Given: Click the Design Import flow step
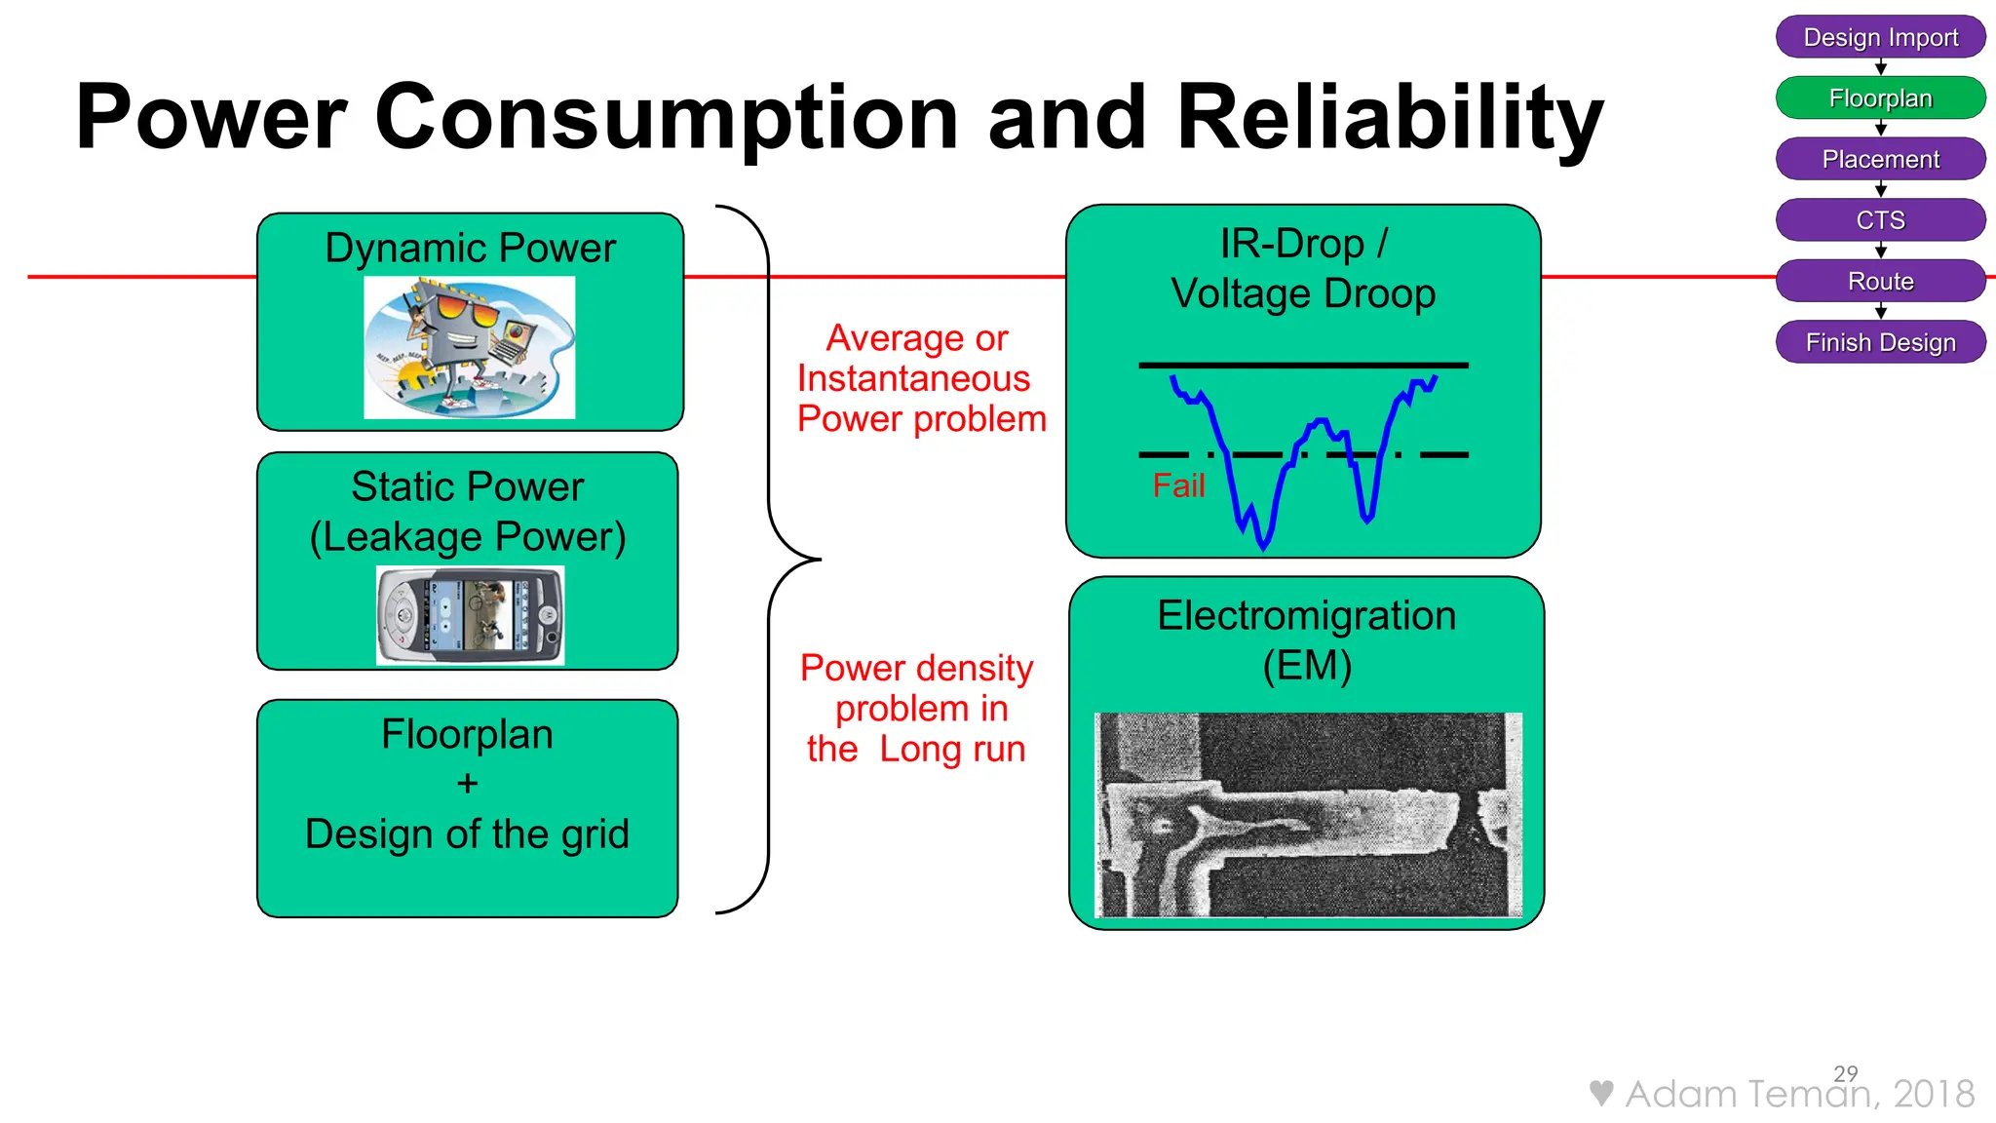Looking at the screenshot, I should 1880,37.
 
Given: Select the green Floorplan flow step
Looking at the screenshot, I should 1880,98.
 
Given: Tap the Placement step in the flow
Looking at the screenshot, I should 1880,159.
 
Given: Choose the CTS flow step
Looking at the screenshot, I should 1880,220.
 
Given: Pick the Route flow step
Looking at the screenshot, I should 1880,282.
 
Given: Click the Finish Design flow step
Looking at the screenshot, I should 1880,342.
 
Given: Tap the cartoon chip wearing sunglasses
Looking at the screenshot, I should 469,347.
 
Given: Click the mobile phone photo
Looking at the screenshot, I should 470,615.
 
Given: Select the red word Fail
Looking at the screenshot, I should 1178,485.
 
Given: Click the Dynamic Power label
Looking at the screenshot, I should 470,248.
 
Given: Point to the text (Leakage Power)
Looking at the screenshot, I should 468,537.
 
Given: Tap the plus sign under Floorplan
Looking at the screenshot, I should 468,784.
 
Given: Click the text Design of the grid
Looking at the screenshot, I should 467,834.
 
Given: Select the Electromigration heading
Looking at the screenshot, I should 1306,616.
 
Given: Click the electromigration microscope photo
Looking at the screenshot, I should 1307,815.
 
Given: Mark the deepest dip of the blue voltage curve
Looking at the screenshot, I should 1263,546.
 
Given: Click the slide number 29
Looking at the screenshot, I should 1845,1073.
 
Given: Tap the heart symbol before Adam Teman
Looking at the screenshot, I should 1600,1093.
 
